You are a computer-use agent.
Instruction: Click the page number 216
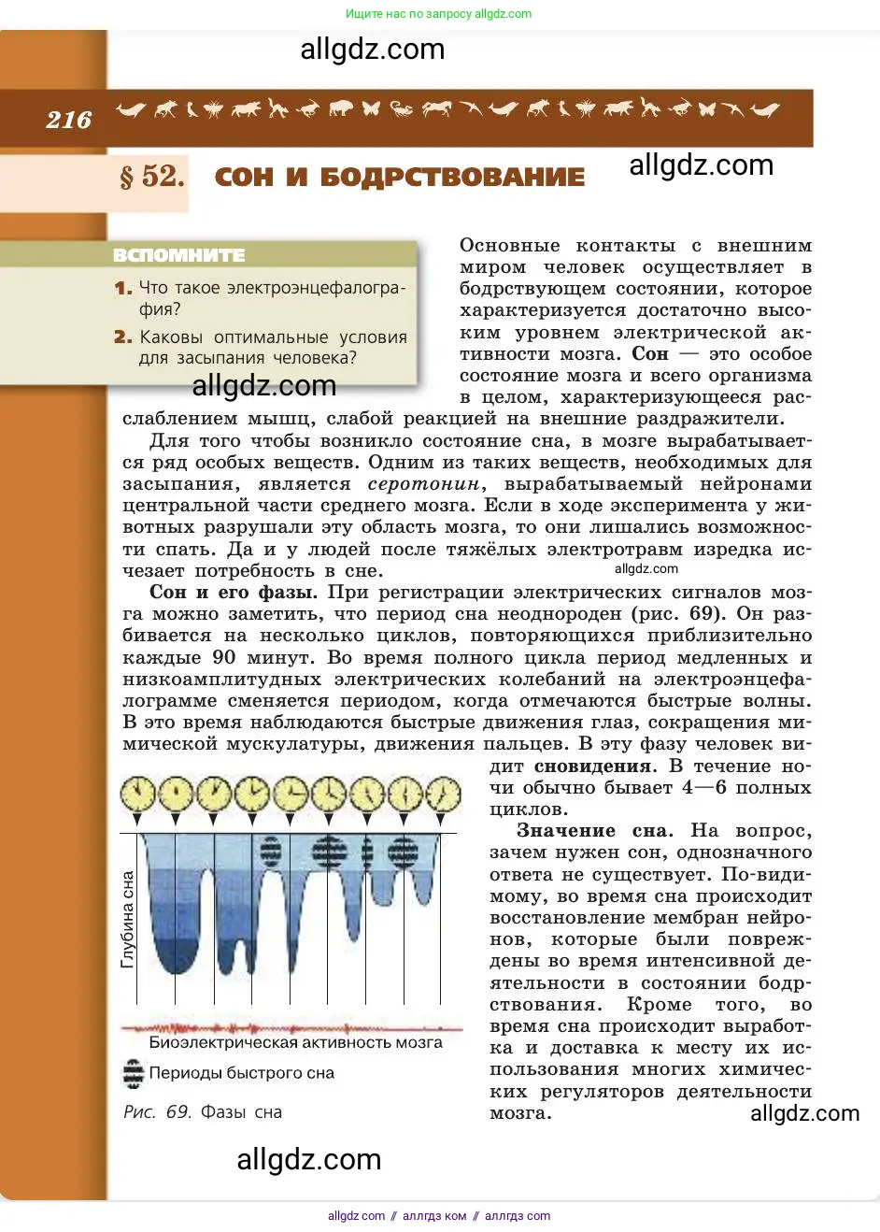click(68, 120)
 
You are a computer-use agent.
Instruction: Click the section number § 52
click(152, 176)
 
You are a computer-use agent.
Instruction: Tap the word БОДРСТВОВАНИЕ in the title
click(452, 177)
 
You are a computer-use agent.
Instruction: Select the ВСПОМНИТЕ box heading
click(178, 255)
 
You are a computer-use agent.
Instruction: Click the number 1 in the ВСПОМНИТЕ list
click(123, 288)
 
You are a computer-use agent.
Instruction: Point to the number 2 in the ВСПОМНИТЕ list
click(123, 337)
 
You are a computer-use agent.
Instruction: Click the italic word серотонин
click(425, 484)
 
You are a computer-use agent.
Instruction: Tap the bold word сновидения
click(593, 766)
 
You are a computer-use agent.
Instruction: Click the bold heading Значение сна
click(594, 831)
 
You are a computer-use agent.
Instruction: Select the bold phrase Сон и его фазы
click(234, 593)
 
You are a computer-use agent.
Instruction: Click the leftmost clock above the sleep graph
click(137, 795)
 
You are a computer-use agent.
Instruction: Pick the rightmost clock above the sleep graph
click(443, 795)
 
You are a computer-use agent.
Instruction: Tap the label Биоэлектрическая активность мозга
click(295, 1042)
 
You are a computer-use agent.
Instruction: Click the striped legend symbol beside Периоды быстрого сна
click(134, 1073)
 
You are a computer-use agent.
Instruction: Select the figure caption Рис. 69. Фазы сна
click(203, 1112)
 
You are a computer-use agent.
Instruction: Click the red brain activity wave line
click(290, 1027)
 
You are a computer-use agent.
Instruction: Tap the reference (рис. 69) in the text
click(678, 614)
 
